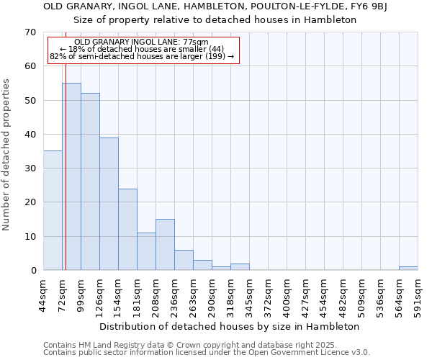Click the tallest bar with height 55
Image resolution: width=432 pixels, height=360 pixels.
[71, 176]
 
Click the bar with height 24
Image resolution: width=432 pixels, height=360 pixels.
[127, 229]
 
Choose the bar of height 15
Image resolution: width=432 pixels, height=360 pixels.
[165, 245]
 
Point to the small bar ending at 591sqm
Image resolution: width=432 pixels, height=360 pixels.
[408, 269]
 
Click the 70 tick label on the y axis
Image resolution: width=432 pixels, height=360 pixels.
[30, 32]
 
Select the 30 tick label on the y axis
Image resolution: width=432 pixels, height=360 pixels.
[30, 168]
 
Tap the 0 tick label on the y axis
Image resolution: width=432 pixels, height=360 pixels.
[33, 271]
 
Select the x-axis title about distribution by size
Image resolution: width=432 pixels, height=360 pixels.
[229, 326]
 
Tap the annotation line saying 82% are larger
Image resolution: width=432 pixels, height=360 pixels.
[142, 56]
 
